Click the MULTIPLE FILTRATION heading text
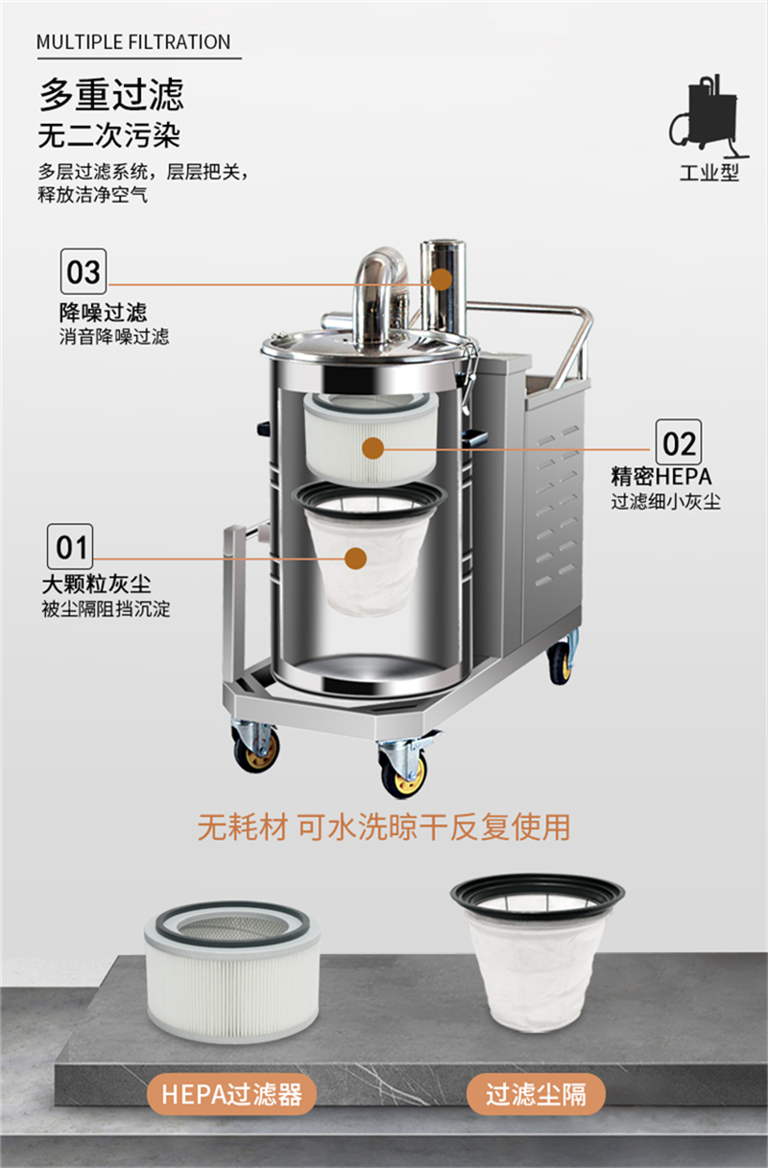(x=133, y=42)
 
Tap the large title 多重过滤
(x=110, y=95)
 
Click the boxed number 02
(x=678, y=442)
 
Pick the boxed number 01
(x=71, y=547)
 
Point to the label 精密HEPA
(x=661, y=477)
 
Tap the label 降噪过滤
(x=103, y=312)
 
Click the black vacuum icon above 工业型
(x=708, y=116)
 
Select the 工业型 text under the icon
(x=708, y=174)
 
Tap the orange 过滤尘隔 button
(x=536, y=1094)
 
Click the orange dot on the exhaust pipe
(x=442, y=279)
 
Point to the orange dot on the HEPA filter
(x=373, y=447)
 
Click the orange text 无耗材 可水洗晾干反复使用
(x=383, y=826)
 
